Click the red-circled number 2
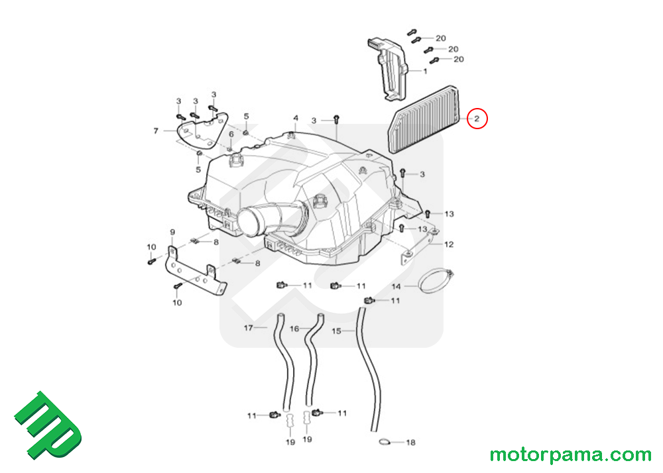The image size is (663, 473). [x=477, y=119]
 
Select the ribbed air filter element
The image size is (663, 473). [x=423, y=119]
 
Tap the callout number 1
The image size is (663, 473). [x=426, y=71]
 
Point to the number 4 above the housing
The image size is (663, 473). [x=296, y=118]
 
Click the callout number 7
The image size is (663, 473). [x=156, y=131]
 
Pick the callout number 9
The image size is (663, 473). [x=172, y=232]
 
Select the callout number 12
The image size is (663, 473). [x=449, y=244]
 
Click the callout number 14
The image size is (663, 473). [x=396, y=286]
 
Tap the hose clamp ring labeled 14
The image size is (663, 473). [x=436, y=282]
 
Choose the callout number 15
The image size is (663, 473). [x=336, y=331]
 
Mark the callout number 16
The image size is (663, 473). [x=294, y=329]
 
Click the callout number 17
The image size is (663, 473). [x=248, y=328]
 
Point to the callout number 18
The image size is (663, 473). [x=410, y=443]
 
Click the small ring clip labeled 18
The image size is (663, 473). [x=385, y=442]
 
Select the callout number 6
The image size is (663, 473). [x=231, y=134]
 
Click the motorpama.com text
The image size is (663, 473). [x=570, y=455]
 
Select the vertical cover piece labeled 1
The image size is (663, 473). [x=387, y=70]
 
